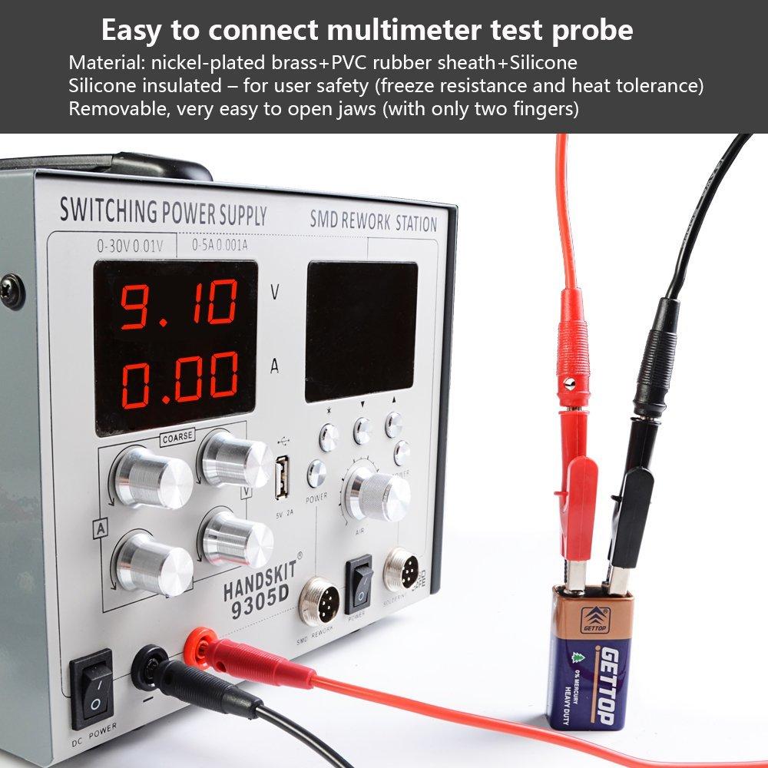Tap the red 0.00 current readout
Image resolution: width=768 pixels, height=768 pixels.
tap(179, 379)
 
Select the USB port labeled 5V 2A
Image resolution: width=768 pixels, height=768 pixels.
tap(283, 477)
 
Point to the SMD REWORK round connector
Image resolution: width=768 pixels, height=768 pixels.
tap(319, 600)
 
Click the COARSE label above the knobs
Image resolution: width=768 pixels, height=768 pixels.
tap(176, 439)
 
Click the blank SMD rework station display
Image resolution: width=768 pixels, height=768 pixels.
tap(361, 330)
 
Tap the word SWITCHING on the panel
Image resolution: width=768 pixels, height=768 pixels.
tap(108, 209)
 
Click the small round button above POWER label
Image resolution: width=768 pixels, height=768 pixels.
tap(316, 474)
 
